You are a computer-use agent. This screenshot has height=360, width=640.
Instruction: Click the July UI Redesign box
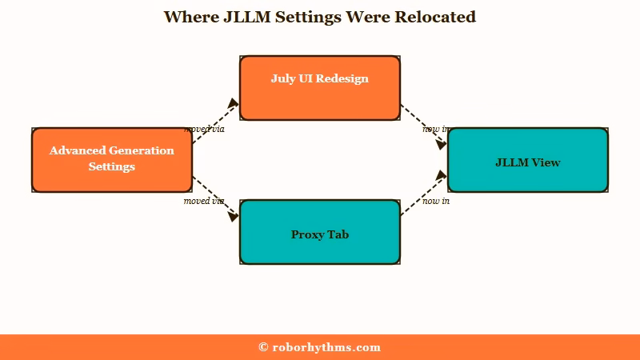[x=319, y=88]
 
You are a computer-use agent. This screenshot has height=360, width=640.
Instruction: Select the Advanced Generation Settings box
[x=112, y=160]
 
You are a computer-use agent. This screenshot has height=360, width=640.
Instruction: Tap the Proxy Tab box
[x=319, y=232]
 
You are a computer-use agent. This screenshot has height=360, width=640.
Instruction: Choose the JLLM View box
[x=528, y=160]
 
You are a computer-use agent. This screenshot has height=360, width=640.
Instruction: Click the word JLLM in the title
[x=247, y=17]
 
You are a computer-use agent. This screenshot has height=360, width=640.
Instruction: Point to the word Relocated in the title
[x=435, y=17]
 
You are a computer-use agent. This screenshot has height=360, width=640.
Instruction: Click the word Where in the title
[x=191, y=17]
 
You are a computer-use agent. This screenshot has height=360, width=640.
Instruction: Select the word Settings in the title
[x=308, y=18]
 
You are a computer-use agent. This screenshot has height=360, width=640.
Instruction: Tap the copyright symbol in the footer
[x=263, y=347]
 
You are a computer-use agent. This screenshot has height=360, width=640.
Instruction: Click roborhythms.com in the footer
[x=326, y=348]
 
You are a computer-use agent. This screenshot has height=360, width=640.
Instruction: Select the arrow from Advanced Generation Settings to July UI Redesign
[x=215, y=121]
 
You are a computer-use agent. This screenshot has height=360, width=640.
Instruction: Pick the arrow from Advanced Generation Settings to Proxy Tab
[x=215, y=199]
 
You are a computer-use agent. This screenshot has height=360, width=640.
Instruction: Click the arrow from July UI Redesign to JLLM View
[x=424, y=127]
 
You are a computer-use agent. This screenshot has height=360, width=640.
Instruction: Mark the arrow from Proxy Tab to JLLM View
[x=424, y=193]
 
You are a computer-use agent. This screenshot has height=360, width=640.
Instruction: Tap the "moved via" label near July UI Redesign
[x=204, y=129]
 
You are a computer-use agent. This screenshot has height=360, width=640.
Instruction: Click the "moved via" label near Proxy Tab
[x=204, y=201]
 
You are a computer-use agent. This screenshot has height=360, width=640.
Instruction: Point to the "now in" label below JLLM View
[x=436, y=201]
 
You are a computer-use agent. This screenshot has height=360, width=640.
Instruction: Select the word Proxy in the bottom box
[x=306, y=235]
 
